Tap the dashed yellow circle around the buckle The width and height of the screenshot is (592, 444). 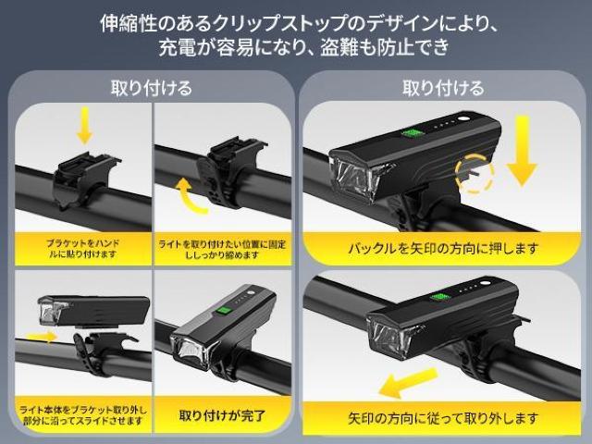click(474, 172)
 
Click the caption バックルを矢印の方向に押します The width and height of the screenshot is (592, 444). click(443, 248)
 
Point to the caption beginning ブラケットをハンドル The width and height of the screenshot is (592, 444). click(82, 248)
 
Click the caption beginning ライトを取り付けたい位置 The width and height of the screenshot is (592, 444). click(221, 248)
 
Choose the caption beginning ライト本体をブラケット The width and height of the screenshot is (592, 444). click(83, 414)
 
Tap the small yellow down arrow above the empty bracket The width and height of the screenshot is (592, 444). click(84, 125)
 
